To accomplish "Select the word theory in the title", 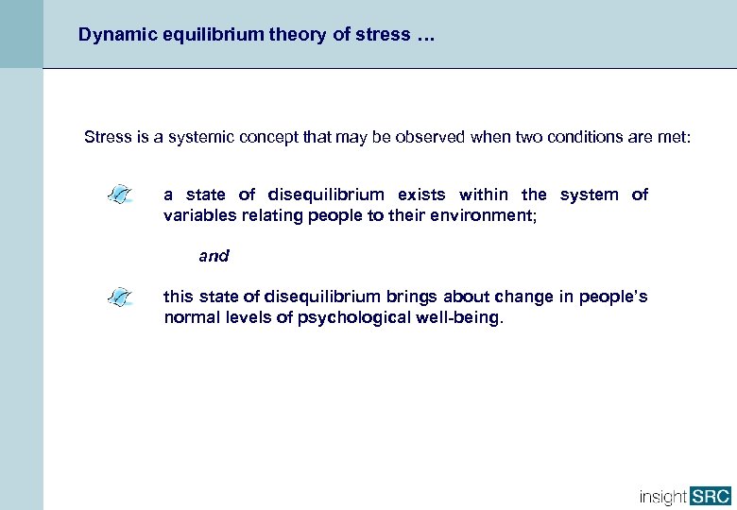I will point(272,35).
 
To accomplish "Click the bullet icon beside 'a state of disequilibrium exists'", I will point(121,195).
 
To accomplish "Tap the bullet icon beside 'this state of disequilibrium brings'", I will point(121,298).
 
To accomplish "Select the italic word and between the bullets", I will point(214,256).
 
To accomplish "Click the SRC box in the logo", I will point(710,496).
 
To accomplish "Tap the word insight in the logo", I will point(663,496).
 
